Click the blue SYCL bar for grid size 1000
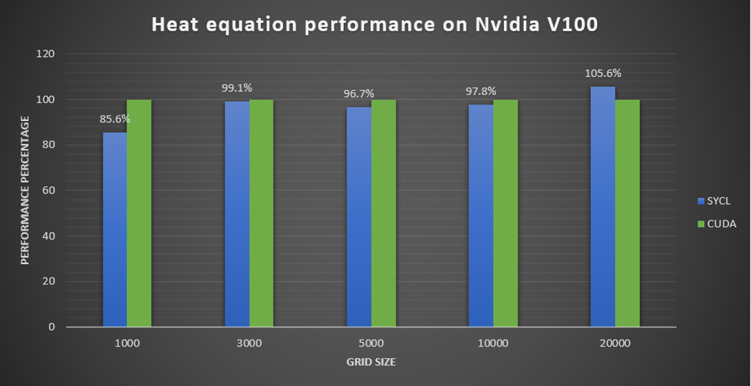[x=115, y=229]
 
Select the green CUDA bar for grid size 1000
[x=139, y=213]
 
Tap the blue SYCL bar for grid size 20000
[x=603, y=206]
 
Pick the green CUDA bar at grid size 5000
[x=384, y=213]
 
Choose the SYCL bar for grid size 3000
[x=237, y=214]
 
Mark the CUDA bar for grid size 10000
[x=506, y=213]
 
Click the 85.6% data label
[x=114, y=119]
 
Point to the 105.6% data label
[x=603, y=73]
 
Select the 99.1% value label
[x=237, y=88]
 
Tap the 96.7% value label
[x=359, y=94]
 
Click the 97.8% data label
[x=481, y=91]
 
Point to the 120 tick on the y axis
[x=46, y=54]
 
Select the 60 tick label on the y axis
[x=48, y=190]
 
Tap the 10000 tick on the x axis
[x=493, y=343]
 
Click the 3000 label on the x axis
[x=249, y=343]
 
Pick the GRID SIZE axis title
[x=371, y=362]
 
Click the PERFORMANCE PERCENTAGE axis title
[x=25, y=190]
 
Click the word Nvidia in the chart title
[x=507, y=24]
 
